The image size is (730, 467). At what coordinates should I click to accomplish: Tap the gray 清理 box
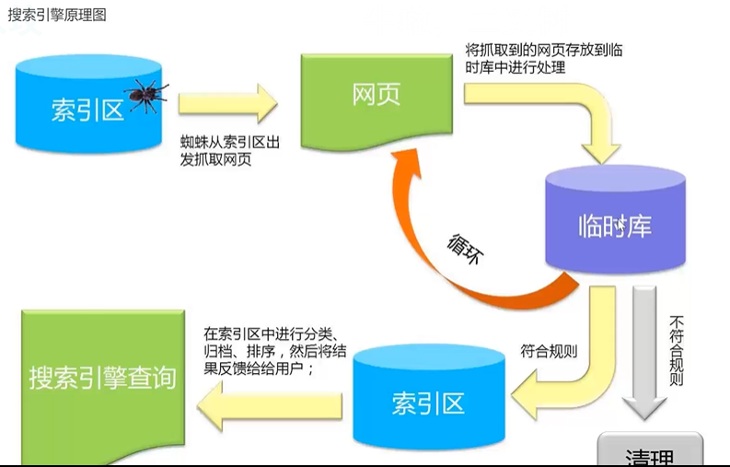[649, 453]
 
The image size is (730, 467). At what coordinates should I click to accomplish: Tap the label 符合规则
[549, 351]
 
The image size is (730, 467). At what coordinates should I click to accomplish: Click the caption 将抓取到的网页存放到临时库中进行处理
[543, 59]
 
